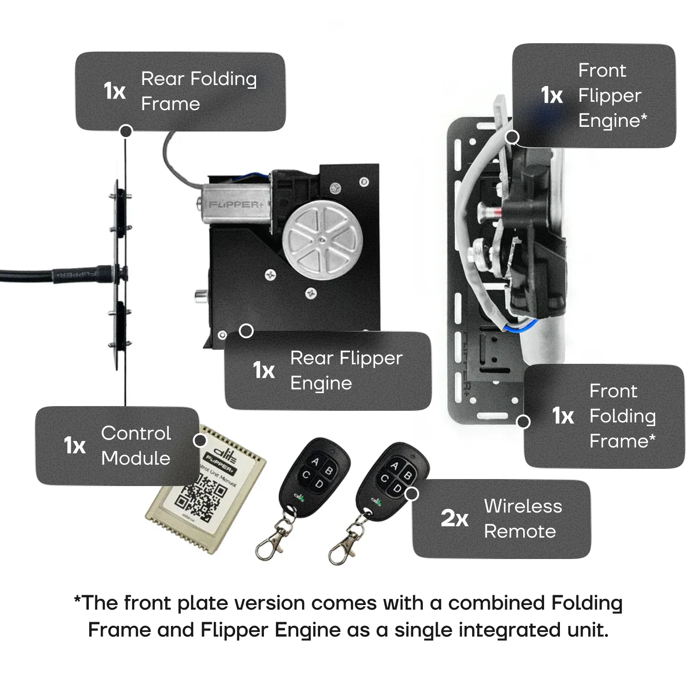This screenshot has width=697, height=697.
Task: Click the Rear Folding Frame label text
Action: click(x=198, y=91)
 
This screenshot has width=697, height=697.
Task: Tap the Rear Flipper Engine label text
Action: click(x=346, y=370)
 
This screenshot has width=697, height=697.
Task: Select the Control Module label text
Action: click(x=136, y=445)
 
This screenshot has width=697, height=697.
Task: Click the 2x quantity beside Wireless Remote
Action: click(x=454, y=518)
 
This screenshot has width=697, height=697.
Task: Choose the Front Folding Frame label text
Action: click(x=622, y=416)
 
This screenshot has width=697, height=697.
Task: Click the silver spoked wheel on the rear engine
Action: click(x=322, y=240)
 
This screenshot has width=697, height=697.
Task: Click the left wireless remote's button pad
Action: click(x=317, y=472)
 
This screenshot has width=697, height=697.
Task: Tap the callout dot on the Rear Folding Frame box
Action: click(x=126, y=131)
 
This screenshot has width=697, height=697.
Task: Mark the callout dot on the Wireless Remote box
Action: click(x=412, y=493)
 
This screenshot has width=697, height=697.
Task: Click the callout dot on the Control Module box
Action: click(x=200, y=440)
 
